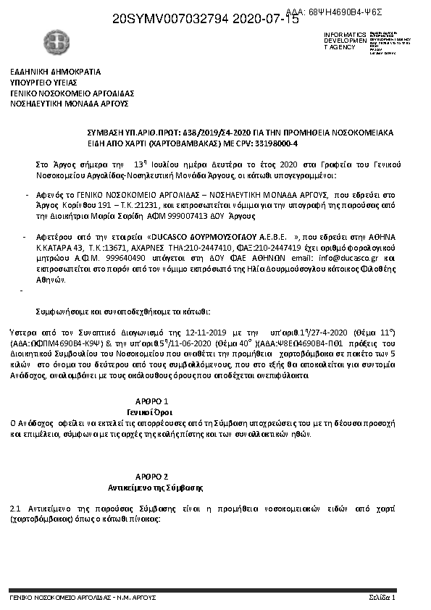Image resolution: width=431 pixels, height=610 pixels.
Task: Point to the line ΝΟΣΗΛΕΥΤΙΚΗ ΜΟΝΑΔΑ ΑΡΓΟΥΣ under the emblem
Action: click(69, 104)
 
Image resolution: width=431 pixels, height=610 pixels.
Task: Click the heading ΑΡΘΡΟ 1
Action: click(152, 401)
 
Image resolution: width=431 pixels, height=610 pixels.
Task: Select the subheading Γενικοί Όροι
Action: click(152, 410)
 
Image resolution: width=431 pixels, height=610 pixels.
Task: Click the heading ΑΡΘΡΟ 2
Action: click(152, 477)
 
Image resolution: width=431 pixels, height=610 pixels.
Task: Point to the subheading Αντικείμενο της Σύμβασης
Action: click(154, 486)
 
